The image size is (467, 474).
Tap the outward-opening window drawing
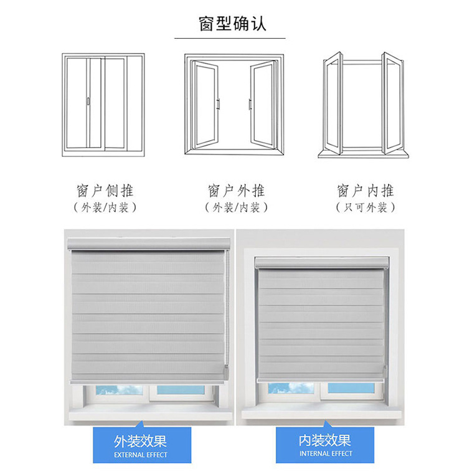(233, 104)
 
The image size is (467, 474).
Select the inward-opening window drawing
(363, 104)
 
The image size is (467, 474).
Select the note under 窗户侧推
(105, 207)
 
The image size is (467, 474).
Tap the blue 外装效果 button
(140, 445)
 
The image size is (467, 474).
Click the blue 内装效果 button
(324, 445)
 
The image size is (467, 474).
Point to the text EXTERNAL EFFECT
(140, 455)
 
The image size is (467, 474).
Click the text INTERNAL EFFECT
(324, 455)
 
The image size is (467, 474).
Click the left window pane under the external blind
(115, 390)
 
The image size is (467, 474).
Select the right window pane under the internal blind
(351, 388)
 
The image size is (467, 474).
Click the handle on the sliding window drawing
(88, 100)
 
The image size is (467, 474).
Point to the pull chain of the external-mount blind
(227, 311)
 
